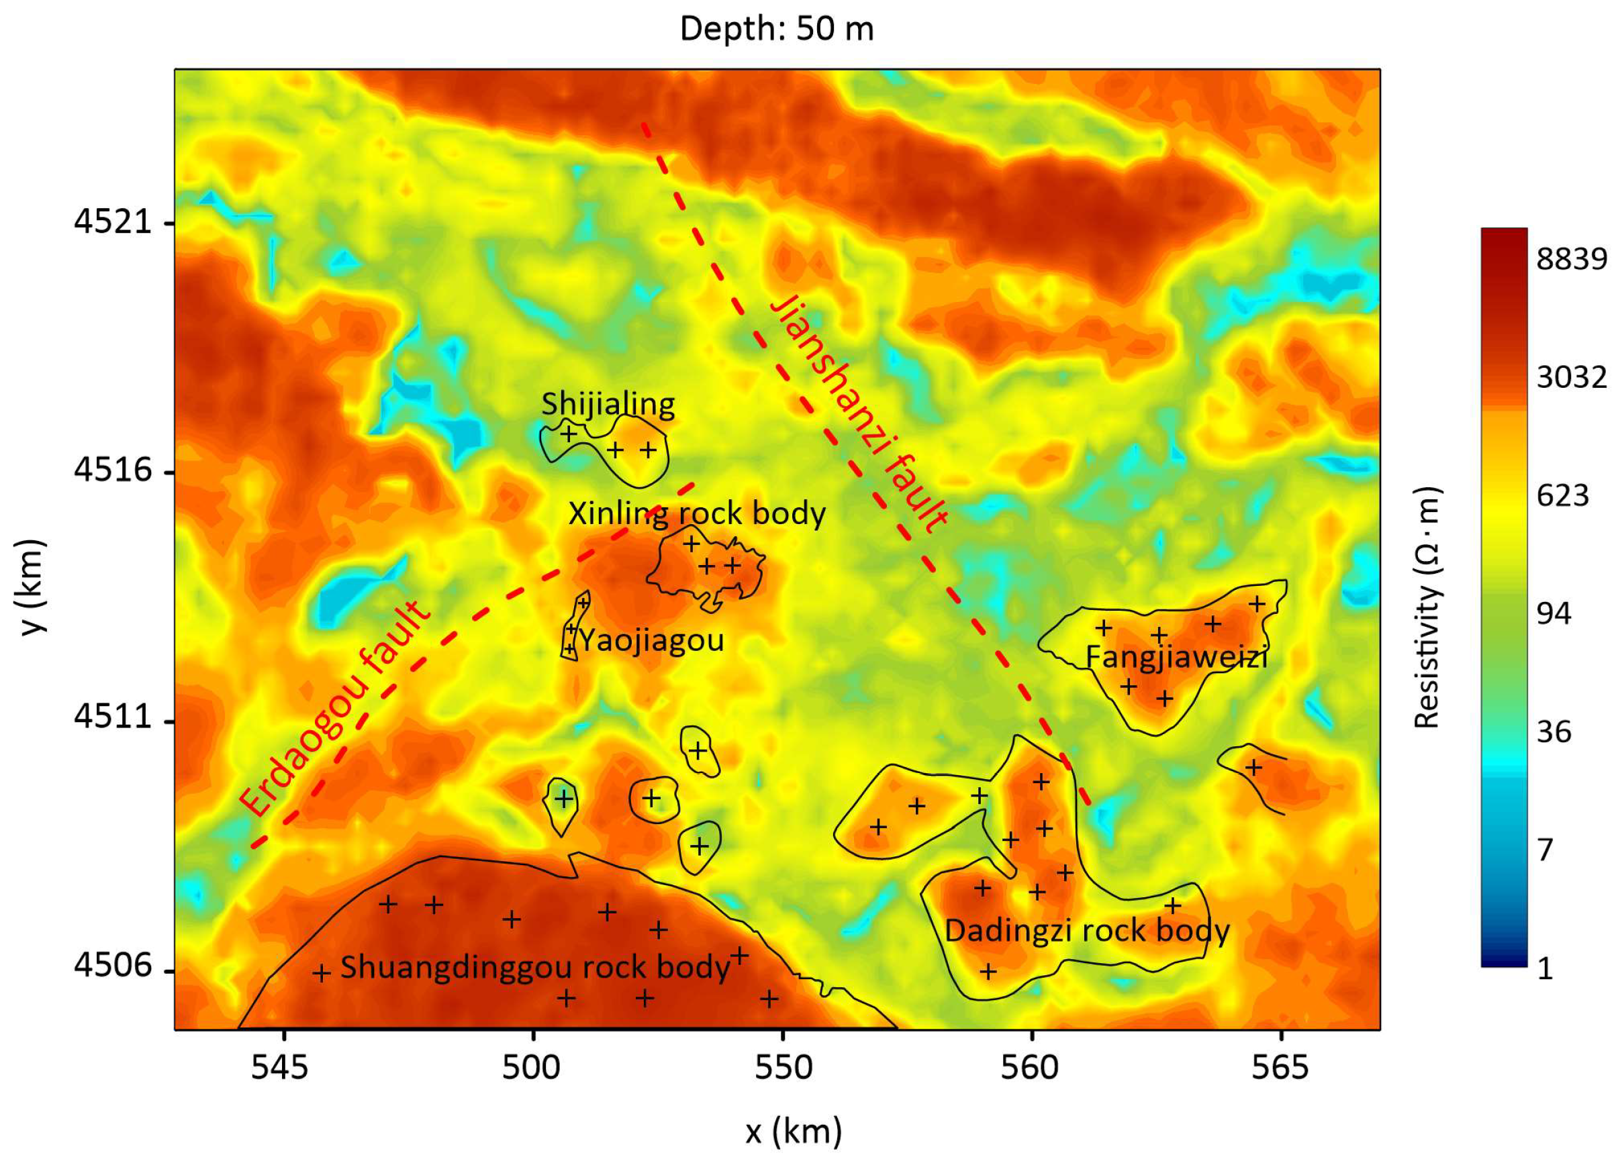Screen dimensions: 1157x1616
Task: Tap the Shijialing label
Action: [608, 404]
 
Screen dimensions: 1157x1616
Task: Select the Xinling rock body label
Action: [697, 513]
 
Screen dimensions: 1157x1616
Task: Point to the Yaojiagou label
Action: [651, 640]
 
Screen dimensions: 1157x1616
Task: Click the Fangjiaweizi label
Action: [1176, 656]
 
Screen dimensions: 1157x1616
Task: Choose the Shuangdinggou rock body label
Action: [536, 967]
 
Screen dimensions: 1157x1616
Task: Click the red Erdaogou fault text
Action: [335, 709]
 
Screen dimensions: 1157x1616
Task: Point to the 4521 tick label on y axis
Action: [113, 222]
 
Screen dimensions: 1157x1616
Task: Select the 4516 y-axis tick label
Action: [113, 471]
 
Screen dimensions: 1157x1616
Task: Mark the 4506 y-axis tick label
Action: [113, 966]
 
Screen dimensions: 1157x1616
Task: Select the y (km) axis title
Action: [32, 587]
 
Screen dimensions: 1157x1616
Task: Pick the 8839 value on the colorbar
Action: [1571, 258]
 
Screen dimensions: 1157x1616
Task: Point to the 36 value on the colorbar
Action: [1554, 732]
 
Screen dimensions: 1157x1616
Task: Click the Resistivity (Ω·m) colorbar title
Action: [1427, 608]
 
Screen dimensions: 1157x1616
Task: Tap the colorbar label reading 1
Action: [1545, 969]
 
